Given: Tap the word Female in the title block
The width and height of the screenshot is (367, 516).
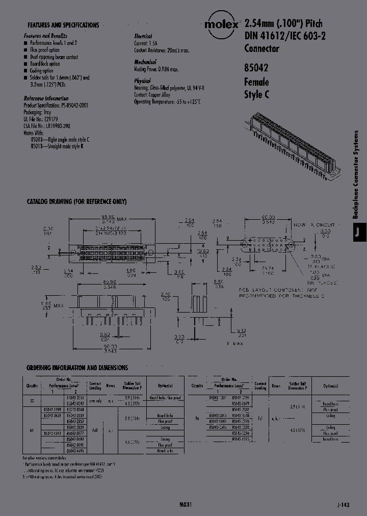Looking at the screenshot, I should (257, 82).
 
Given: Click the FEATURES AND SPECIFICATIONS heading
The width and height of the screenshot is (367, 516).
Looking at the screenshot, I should (63, 25).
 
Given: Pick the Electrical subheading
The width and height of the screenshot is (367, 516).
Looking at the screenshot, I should (143, 37).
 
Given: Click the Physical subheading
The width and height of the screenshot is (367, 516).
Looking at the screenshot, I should (143, 81).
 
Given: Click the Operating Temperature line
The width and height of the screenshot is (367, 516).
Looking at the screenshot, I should (168, 102).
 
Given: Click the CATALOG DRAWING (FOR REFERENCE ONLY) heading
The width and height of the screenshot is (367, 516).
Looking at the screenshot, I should (76, 202).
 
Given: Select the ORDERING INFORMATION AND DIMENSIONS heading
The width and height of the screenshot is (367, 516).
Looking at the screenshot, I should (77, 368).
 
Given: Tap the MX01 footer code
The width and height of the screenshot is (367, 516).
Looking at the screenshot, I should (186, 504).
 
